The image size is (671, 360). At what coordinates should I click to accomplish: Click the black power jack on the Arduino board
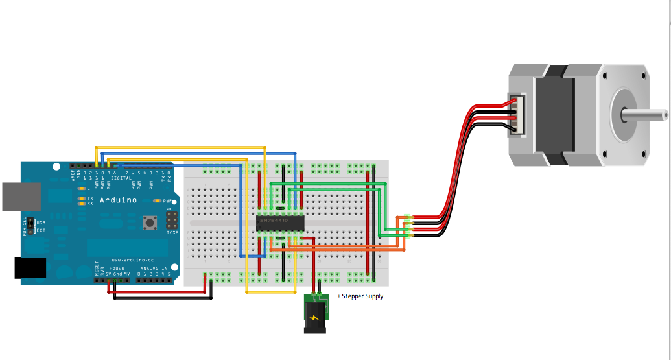(x=30, y=268)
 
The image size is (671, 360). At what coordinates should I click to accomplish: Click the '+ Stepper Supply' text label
(x=360, y=296)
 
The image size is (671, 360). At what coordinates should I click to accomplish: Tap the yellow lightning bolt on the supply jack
(x=314, y=318)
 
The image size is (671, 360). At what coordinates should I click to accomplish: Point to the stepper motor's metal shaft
(x=644, y=115)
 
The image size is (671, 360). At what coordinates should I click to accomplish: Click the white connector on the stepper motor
(x=517, y=114)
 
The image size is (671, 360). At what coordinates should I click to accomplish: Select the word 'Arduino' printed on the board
(x=118, y=200)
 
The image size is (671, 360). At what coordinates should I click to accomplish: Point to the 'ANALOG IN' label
(x=154, y=268)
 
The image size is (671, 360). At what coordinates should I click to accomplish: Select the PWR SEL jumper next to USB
(x=29, y=226)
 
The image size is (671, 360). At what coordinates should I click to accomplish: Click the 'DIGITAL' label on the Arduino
(x=121, y=178)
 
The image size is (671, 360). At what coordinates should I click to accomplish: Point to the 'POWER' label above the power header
(x=117, y=268)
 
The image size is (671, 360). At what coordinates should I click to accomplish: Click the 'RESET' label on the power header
(x=97, y=269)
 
